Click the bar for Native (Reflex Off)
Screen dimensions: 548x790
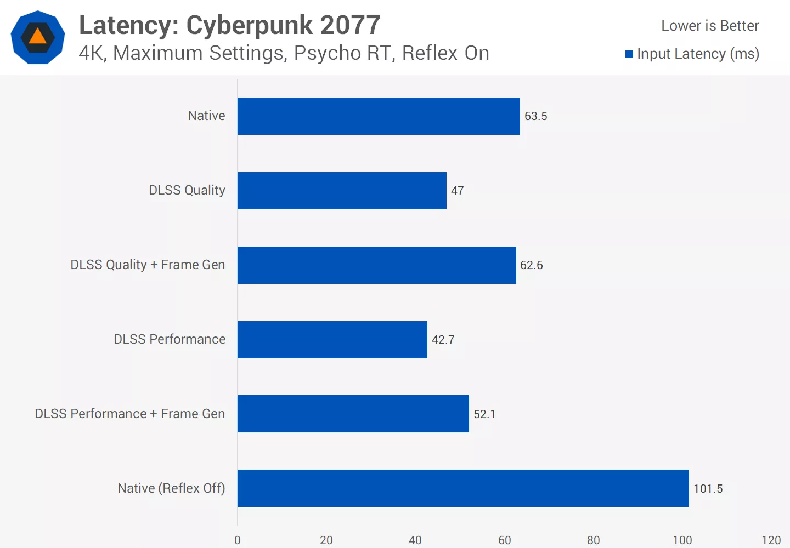[x=463, y=488]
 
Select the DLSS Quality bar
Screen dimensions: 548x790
[x=342, y=191]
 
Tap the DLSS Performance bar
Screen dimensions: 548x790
[x=332, y=340]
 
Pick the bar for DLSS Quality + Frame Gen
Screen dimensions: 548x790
[x=376, y=265]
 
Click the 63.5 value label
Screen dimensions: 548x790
[x=535, y=116]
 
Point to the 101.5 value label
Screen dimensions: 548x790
[x=708, y=489]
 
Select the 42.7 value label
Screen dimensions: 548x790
[x=443, y=340]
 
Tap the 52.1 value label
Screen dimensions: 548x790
[x=484, y=414]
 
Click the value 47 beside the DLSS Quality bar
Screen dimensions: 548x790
[x=457, y=191]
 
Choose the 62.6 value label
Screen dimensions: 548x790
[x=531, y=265]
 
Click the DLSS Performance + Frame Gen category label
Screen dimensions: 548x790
[x=130, y=414]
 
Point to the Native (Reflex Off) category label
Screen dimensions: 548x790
[x=171, y=488]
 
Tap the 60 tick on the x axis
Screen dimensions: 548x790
[x=504, y=540]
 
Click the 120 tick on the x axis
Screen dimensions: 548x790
[x=771, y=540]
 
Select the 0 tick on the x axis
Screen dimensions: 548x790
[x=238, y=540]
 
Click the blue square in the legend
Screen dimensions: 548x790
[x=629, y=54]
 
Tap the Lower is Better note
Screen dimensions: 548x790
[x=710, y=26]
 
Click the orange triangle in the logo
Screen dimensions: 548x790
[x=37, y=37]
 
